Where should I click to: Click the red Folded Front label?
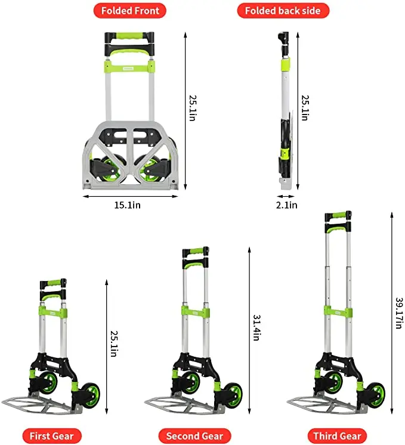coord(129,11)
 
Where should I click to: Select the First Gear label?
coord(51,435)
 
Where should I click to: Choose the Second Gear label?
coord(194,435)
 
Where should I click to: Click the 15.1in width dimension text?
coord(128,205)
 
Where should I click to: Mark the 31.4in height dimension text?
coord(256,327)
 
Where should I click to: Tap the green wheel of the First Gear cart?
coord(91,395)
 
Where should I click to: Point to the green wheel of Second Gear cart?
coord(233,395)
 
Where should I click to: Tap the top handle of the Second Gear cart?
coord(196,251)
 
